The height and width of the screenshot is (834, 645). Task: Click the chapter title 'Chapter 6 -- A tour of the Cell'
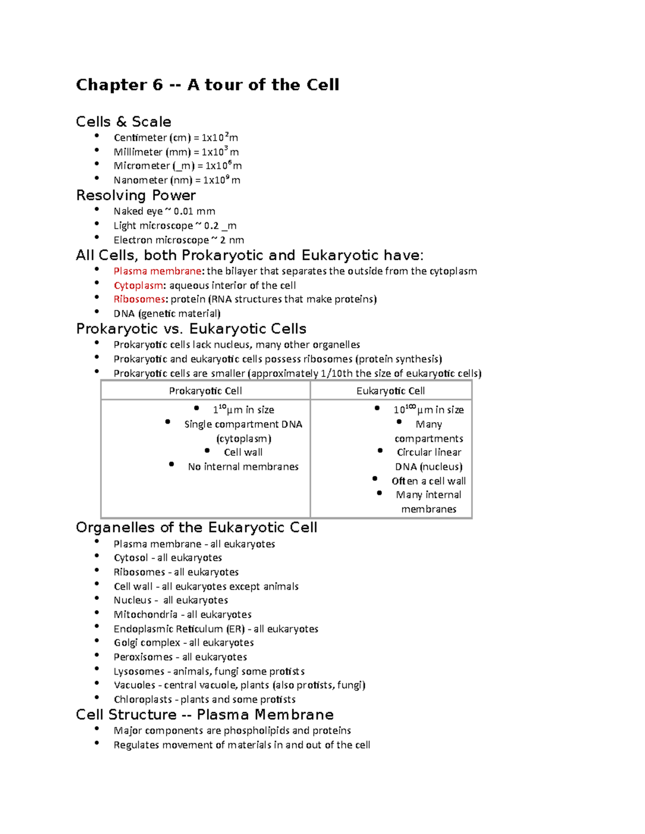click(x=207, y=85)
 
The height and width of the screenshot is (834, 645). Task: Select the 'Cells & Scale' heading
click(x=124, y=122)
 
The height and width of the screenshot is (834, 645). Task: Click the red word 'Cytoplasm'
click(x=138, y=286)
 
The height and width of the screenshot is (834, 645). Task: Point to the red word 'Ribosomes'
click(x=139, y=299)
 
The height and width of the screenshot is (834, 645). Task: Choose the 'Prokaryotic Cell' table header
click(x=205, y=391)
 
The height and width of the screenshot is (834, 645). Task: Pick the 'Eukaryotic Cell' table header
click(x=391, y=391)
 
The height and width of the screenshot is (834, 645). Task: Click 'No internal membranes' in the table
click(x=243, y=467)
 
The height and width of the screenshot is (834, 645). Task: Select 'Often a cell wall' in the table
click(x=428, y=481)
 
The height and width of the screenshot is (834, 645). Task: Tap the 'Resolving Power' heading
click(x=136, y=195)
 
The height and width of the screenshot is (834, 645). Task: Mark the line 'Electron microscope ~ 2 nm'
click(x=178, y=240)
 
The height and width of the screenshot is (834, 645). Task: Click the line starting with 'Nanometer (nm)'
click(x=177, y=180)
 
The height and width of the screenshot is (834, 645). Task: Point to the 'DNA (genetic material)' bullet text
click(x=167, y=314)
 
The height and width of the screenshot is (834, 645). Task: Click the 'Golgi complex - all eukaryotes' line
click(x=183, y=643)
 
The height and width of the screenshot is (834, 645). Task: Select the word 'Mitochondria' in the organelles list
click(x=145, y=614)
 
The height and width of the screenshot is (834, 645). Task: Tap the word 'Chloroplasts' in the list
click(x=142, y=699)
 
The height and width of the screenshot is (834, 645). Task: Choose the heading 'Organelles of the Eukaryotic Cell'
click(x=196, y=527)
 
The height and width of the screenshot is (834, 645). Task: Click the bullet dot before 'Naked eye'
click(x=97, y=209)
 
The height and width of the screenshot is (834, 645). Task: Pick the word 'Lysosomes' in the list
click(x=139, y=671)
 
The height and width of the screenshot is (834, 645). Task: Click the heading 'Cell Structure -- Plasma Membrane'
click(x=205, y=715)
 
